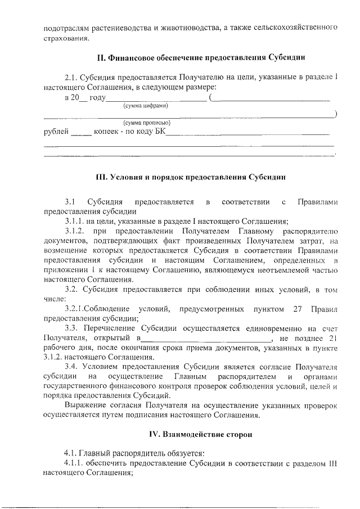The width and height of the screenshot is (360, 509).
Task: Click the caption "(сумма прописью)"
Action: [147, 123]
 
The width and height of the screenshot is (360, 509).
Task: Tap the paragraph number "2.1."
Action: [71, 77]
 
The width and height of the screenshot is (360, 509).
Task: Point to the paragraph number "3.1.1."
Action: [74, 221]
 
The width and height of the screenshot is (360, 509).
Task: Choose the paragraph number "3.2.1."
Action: [76, 309]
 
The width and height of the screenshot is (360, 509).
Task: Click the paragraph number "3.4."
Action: [71, 366]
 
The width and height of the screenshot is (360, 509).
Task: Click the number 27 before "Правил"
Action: [299, 309]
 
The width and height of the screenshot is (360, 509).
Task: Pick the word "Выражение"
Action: [83, 405]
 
